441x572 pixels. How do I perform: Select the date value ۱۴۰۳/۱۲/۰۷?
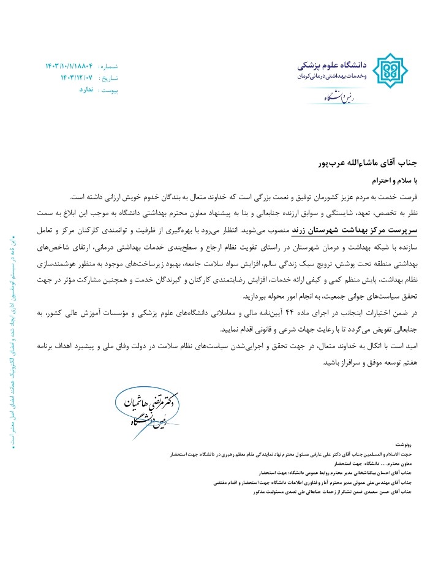click(77, 78)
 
